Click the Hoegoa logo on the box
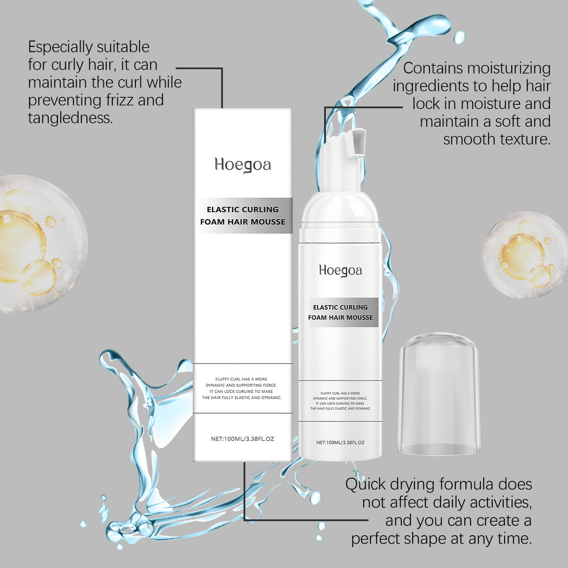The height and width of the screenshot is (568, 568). tap(243, 165)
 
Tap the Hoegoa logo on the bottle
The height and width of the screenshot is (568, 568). tap(340, 271)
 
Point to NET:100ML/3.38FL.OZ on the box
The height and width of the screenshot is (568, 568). tap(242, 439)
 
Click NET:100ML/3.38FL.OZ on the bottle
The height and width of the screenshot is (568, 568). tap(340, 442)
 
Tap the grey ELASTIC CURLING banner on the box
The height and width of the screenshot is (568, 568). tap(243, 210)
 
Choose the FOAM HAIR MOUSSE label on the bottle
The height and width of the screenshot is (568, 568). tap(340, 318)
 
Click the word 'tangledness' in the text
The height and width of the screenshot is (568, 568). tap(70, 118)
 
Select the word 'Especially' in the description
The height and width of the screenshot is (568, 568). tap(60, 47)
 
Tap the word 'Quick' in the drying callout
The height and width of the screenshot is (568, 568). tap(365, 484)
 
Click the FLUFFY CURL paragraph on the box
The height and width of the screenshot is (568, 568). tap(242, 388)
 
